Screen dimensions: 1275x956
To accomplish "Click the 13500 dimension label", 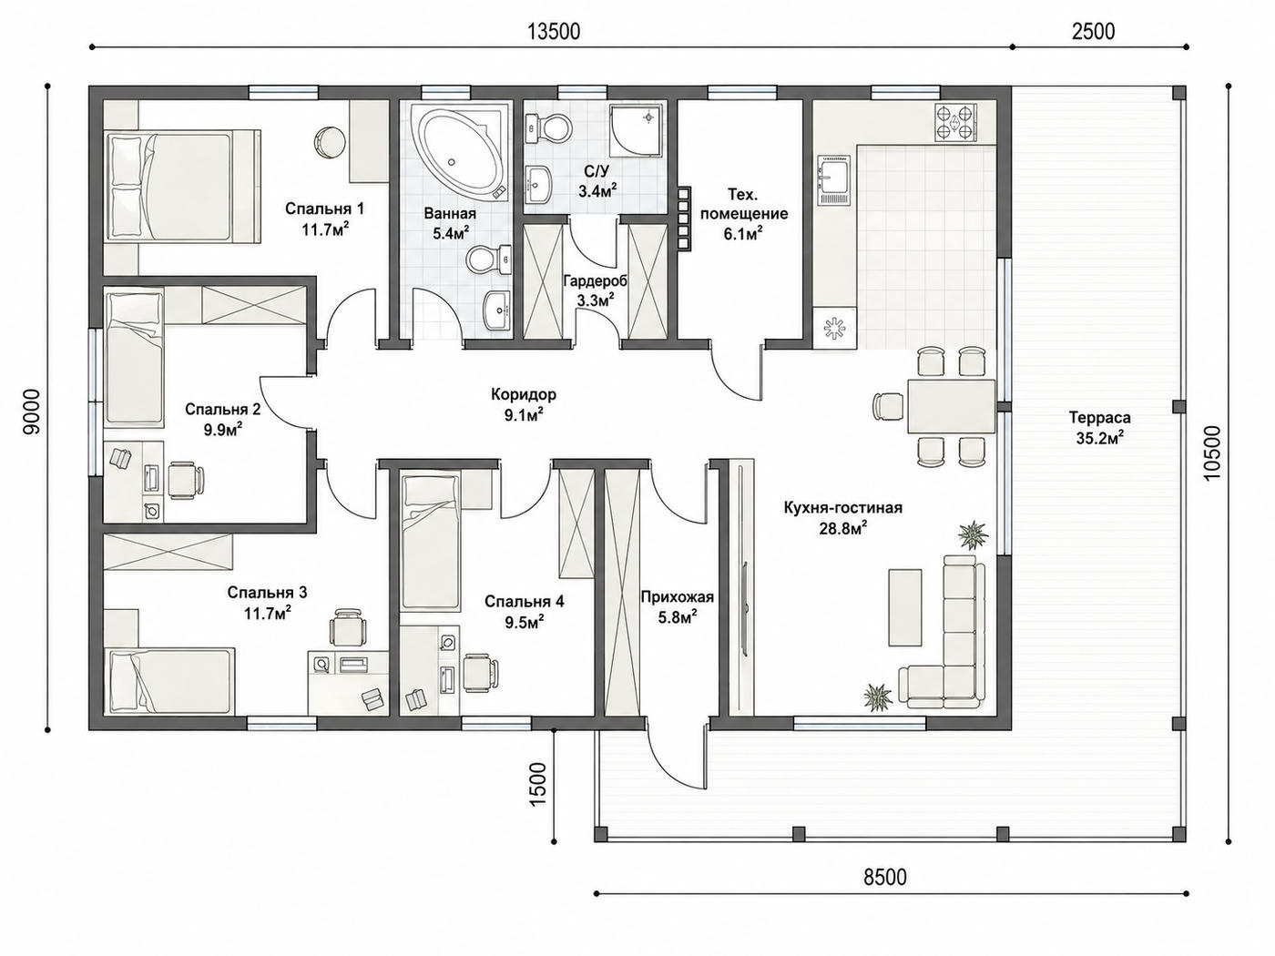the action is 554,32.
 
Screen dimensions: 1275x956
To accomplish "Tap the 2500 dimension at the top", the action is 1093,32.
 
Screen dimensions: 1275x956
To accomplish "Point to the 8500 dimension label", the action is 884,877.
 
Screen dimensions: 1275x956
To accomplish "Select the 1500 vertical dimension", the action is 538,784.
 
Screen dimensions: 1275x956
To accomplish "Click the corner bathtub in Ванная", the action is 463,153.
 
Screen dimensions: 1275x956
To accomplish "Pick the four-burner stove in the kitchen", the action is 955,123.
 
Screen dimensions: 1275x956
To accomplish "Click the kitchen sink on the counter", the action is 835,179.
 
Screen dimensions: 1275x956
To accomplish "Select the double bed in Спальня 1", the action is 181,185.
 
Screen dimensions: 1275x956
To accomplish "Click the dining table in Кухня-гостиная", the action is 952,406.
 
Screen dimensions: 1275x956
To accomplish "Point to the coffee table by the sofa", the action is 904,607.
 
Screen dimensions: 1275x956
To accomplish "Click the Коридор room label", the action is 524,395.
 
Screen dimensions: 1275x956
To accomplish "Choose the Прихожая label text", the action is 678,596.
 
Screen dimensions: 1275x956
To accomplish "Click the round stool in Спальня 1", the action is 330,141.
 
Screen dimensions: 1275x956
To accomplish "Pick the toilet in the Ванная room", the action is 489,260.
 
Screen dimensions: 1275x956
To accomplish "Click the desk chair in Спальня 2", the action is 186,480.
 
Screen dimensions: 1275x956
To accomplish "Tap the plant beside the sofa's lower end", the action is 878,695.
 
